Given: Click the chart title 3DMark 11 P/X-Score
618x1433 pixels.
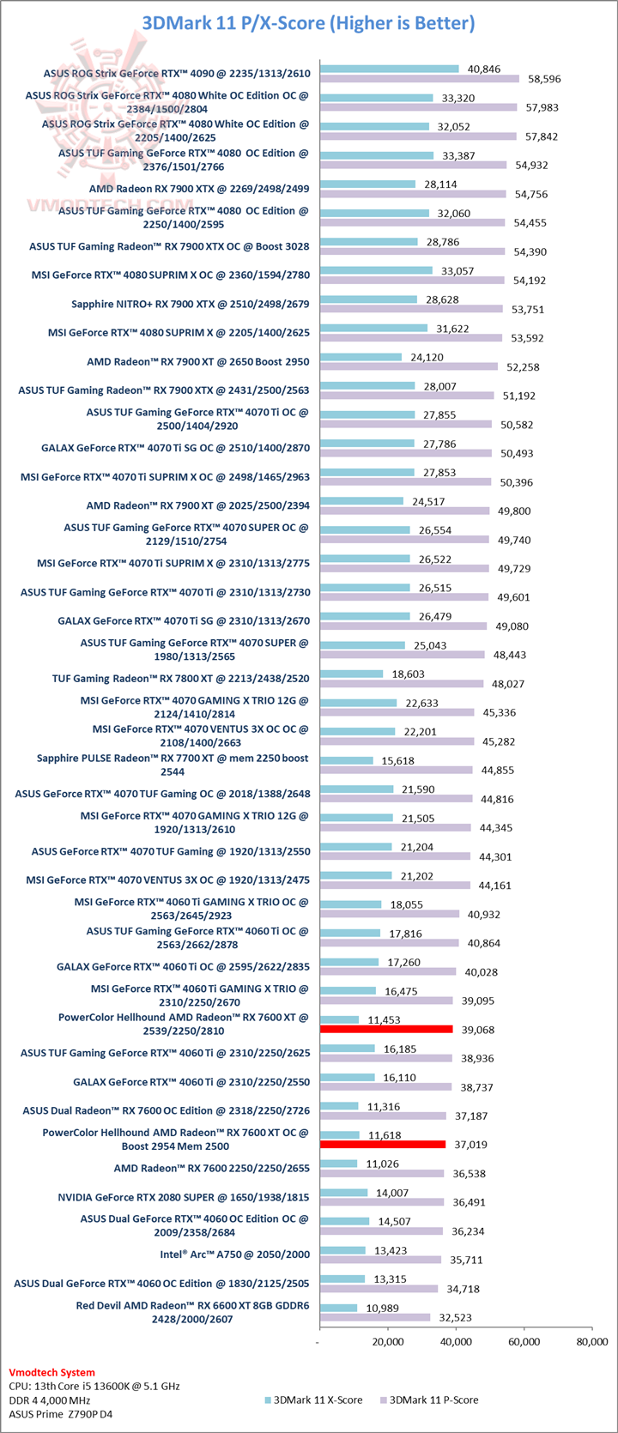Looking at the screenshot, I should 309,23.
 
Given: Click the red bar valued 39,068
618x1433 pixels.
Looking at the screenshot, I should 385,1029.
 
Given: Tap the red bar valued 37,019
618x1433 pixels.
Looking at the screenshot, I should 382,1144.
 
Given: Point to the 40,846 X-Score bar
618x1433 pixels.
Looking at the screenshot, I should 389,69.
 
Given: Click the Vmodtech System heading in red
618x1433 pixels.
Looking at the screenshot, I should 51,1372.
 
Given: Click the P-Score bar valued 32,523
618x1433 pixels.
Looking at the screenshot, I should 374,1317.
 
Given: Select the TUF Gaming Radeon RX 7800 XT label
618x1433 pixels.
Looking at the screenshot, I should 180,679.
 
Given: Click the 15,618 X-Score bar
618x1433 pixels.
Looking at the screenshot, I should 346,760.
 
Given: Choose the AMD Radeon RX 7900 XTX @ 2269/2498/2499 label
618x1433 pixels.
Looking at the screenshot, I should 199,189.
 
